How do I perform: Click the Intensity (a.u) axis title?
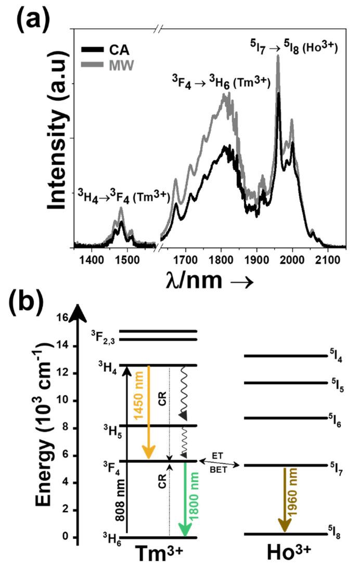(58, 148)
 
